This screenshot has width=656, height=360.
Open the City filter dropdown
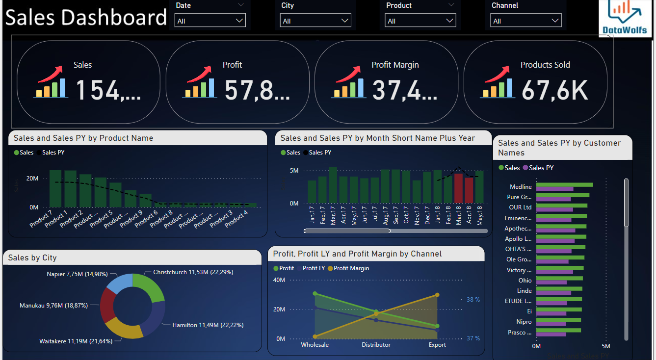315,21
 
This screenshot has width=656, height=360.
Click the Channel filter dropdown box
525,21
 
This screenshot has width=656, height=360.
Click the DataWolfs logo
625,18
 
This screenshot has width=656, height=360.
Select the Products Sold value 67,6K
554,90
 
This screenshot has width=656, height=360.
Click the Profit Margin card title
395,65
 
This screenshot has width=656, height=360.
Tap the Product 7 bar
55,189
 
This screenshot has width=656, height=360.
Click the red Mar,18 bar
458,188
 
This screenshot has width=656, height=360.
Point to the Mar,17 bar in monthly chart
333,185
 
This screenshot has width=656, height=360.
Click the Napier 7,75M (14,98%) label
77,274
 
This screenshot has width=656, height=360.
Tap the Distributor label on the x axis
376,345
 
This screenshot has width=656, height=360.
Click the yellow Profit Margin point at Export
437,295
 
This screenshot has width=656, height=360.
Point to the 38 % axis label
473,300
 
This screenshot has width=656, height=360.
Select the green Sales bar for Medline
564,185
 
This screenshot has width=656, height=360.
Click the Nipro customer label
524,322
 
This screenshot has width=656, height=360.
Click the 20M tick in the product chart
32,179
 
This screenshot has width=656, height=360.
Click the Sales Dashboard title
86,18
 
